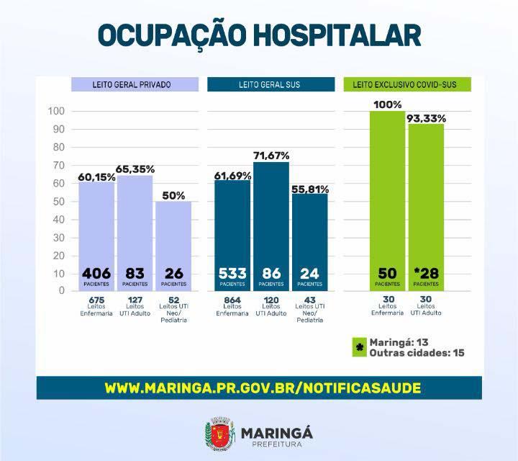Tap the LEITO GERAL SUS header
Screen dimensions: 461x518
[270, 85]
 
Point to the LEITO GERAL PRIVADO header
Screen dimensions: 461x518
[132, 85]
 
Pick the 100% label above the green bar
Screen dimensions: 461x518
[388, 105]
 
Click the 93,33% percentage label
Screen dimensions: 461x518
[427, 118]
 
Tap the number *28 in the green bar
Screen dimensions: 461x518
[426, 274]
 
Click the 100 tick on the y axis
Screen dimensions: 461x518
[56, 112]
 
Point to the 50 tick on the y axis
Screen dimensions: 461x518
[58, 201]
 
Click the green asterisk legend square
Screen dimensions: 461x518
[358, 348]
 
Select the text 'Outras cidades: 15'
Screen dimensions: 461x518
[415, 354]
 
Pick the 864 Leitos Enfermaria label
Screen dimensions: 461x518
[233, 306]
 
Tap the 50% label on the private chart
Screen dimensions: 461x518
[173, 195]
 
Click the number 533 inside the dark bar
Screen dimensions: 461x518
[232, 274]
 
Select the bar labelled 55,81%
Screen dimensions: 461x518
[310, 238]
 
